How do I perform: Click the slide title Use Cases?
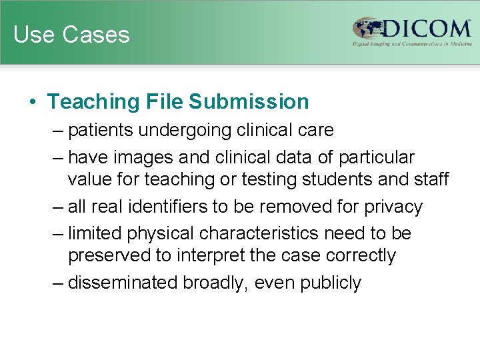pos(71,34)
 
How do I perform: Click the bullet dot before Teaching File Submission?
pos(32,102)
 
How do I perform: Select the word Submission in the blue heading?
pos(249,101)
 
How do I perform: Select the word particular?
pos(377,157)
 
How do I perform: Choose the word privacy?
pos(394,207)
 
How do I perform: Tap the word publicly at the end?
pos(331,283)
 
